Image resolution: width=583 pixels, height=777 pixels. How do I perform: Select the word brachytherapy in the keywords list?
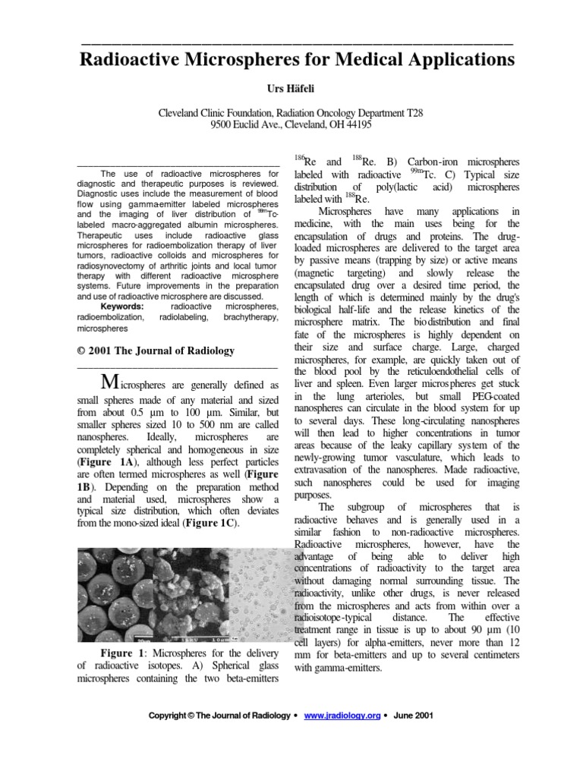(x=251, y=318)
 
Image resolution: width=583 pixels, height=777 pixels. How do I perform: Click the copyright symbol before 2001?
(x=83, y=351)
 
